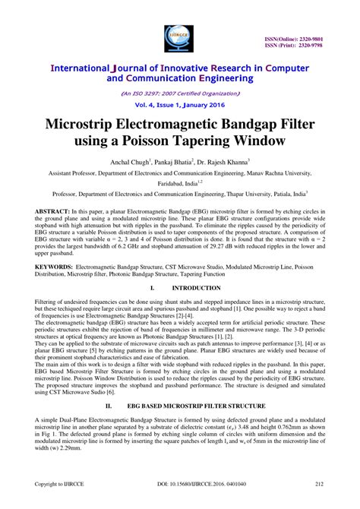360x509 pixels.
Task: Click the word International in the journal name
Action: point(84,68)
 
